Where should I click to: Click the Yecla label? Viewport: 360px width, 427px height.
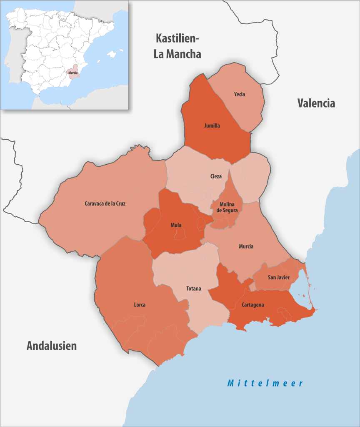tap(240, 94)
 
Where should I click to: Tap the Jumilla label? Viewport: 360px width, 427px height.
tap(212, 126)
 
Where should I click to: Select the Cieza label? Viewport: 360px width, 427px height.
tap(216, 176)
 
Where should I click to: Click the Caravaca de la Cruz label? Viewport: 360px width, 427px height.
tap(105, 203)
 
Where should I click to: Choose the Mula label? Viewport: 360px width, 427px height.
tap(176, 225)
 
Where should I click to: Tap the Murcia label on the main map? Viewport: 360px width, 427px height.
tap(246, 246)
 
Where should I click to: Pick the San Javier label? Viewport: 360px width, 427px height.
tap(279, 278)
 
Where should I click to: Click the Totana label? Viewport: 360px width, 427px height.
tap(194, 289)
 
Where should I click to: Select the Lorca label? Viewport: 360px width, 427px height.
tap(140, 305)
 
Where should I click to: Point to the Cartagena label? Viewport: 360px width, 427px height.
tap(252, 305)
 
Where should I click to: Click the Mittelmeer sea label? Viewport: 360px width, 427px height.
tap(265, 383)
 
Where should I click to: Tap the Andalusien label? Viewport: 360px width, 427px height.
tap(52, 346)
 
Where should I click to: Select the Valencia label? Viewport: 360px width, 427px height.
tap(316, 103)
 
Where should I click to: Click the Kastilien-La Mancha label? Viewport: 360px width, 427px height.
tap(177, 46)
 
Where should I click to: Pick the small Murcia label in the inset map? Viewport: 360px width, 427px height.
tap(73, 73)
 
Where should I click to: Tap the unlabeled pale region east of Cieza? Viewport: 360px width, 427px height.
tap(251, 177)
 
